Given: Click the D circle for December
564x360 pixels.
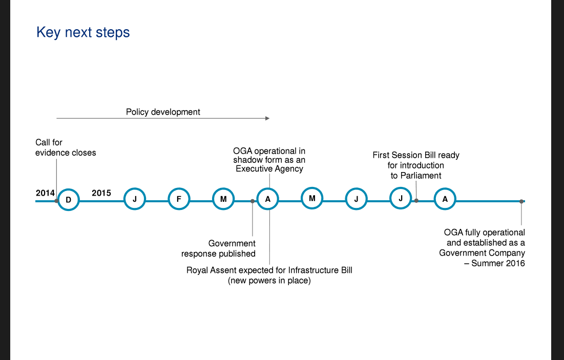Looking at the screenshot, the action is pos(68,200).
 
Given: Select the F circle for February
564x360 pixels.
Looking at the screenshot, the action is pos(179,199).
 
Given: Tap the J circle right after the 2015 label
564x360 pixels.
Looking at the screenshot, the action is pos(135,199).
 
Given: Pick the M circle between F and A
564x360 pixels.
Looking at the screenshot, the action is pos(223,199).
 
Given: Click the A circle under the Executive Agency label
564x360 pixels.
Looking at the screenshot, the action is pos(267,199).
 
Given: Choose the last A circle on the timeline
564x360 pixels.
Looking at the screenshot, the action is pos(445,199).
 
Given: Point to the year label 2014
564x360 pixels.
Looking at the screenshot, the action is pos(45,193).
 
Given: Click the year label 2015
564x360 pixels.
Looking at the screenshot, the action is pos(101,193).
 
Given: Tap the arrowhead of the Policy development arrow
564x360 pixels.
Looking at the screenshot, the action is pos(267,118).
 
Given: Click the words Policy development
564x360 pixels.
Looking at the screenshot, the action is pos(163,112).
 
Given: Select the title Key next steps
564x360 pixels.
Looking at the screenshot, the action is pos(83,32).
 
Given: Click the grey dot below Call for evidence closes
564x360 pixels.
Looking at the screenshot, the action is pos(56,201).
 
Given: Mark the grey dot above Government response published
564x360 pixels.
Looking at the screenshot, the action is pos(253,201).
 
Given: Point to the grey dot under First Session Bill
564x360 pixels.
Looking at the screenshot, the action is pos(416,201).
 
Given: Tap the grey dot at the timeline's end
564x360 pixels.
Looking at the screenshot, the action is pos(521,201).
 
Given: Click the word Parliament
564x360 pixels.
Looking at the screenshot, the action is pos(421,176).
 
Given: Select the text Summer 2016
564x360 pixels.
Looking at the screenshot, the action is pos(498,263).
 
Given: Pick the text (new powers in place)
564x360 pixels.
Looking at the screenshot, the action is pos(269,281).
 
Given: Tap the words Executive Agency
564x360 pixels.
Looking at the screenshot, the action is pos(269,168).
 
